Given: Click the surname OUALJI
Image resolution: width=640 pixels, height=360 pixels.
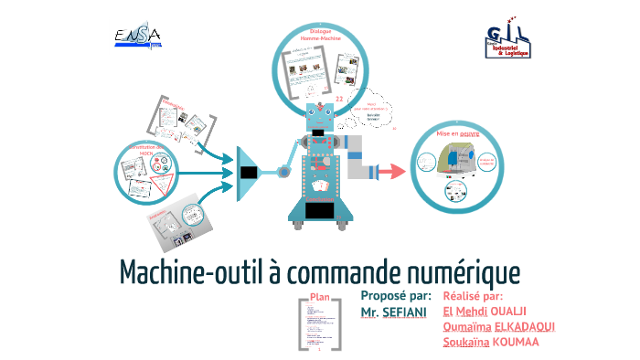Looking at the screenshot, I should tap(528, 312).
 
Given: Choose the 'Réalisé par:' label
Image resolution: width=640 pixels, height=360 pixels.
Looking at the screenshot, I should tap(473, 296).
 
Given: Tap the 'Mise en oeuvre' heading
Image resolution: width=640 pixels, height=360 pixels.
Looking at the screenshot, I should tap(457, 133).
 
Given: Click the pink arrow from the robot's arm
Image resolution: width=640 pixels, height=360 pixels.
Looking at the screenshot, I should tap(390, 171).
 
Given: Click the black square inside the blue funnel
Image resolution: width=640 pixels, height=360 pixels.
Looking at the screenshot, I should tap(248, 171).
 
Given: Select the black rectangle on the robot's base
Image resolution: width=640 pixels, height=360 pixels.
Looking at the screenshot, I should tap(319, 211).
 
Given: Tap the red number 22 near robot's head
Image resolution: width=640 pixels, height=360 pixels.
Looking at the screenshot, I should tap(339, 98).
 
